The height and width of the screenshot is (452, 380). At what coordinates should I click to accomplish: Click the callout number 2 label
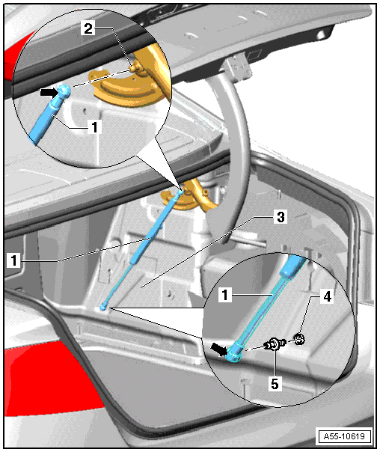tap(88, 28)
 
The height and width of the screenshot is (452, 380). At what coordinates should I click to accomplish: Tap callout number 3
tap(281, 217)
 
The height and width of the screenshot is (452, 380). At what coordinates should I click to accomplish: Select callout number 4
tap(328, 296)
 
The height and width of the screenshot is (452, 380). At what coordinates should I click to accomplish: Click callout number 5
tap(275, 384)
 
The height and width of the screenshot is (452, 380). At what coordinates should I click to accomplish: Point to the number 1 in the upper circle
tap(95, 126)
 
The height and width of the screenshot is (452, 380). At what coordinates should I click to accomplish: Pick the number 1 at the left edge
tap(13, 260)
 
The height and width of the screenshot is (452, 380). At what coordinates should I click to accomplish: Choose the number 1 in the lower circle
tap(225, 295)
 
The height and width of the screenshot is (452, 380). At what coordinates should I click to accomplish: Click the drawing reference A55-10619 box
tap(344, 436)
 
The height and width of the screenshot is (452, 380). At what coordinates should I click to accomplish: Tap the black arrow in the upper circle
tap(49, 93)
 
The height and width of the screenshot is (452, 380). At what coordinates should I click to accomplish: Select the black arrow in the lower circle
tap(219, 349)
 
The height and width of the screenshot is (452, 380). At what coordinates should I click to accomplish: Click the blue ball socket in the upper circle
tap(64, 91)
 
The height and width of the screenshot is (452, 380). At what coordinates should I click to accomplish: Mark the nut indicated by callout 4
tap(300, 339)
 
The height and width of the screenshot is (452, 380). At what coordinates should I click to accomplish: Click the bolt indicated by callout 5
tap(275, 344)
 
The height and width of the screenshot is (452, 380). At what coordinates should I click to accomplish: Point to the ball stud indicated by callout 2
tap(135, 68)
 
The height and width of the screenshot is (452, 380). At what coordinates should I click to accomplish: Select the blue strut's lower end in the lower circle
tap(234, 352)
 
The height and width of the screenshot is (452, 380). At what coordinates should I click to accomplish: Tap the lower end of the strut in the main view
tap(102, 308)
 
